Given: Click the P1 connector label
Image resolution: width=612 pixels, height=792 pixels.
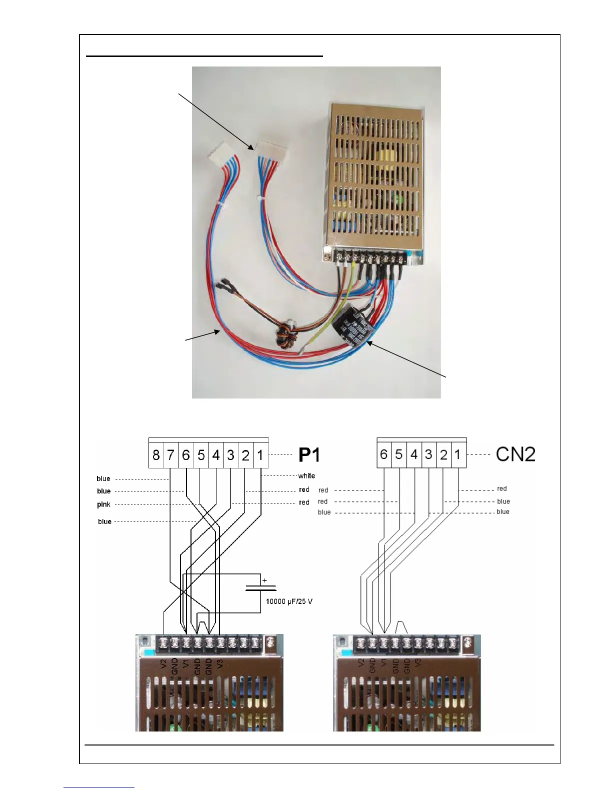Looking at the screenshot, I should pos(309,454).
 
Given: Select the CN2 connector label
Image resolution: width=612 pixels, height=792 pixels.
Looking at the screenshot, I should pos(515,454).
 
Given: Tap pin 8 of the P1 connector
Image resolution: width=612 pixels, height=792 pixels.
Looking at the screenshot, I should pos(156,455).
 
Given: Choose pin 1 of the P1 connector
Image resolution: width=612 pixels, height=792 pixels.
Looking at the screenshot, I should pos(260,455).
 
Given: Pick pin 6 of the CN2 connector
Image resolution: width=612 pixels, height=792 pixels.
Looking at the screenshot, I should pos(383,454).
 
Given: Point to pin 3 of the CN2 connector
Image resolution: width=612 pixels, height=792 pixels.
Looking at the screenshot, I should pos(428,454).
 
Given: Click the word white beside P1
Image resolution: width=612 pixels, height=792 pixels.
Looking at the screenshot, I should pos(306,476).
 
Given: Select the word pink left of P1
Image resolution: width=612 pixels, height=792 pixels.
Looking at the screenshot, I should pos(103,504).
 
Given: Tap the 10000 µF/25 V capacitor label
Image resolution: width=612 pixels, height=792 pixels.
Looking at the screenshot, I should pos(289,601).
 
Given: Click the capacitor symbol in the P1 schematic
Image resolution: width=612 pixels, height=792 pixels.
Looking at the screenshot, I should pos(260,588).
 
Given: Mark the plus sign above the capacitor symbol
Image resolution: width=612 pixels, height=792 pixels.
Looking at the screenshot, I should pos(264,580).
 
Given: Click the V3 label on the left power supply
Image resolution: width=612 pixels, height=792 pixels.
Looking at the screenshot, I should pos(220,664).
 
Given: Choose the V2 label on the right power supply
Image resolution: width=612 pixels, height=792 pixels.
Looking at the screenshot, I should pos(361,664).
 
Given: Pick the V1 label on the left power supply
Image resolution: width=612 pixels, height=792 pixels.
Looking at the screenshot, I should pos(186,664).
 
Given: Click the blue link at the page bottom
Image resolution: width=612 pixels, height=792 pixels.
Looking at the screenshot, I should pos(99,788).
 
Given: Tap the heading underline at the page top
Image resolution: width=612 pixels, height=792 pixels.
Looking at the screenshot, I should pos(204,56).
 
